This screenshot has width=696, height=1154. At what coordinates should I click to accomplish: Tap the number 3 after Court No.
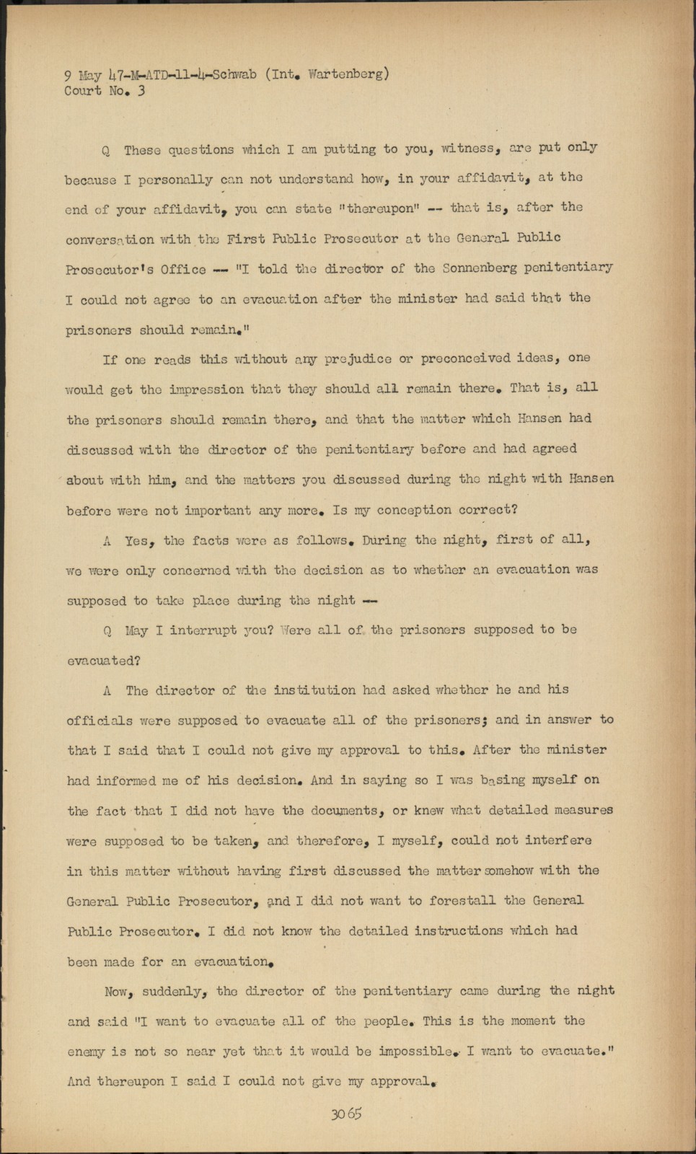click(x=141, y=91)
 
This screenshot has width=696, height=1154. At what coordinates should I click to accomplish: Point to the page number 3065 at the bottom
click(x=346, y=1114)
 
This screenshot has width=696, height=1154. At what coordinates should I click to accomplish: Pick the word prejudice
click(x=358, y=359)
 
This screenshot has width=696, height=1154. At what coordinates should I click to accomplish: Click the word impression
click(x=206, y=389)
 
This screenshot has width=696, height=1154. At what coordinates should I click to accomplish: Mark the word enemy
click(x=86, y=1052)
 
